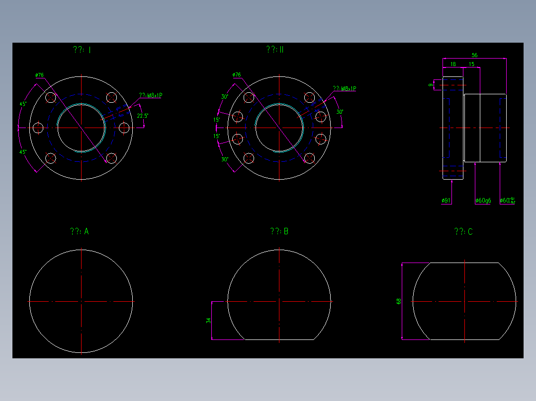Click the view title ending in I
point(82,50)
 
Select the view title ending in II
point(274,50)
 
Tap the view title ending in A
point(80,231)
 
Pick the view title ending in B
point(279,231)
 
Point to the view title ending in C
point(463,232)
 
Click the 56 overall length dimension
point(474,55)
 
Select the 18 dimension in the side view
point(452,65)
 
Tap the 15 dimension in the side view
point(471,65)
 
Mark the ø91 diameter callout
point(446,200)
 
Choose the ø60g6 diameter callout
point(483,200)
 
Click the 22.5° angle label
point(142,116)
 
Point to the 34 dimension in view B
point(209,321)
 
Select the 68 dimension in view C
point(399,301)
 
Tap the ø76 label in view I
point(40,75)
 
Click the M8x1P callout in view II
point(345,89)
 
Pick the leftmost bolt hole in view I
point(38,128)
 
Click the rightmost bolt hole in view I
point(124,128)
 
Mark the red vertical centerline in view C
point(464,301)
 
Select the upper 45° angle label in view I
point(23,104)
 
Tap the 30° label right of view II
point(340,112)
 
